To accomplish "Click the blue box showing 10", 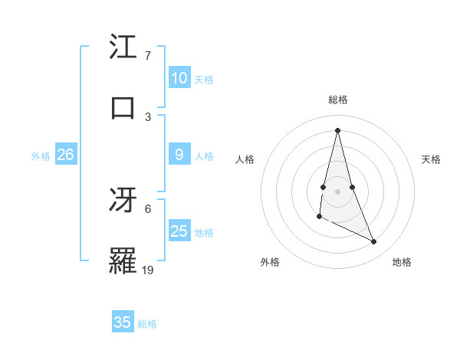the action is pos(179,78).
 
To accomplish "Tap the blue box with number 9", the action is pos(179,155).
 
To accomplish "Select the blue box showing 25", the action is pos(179,231).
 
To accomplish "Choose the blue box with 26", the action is pos(65,155).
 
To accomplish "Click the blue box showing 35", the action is pos(123,322).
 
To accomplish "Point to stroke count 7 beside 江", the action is pos(148,56).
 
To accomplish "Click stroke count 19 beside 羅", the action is pos(149,270).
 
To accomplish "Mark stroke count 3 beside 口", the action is pos(148,117).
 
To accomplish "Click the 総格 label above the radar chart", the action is pos(338,100).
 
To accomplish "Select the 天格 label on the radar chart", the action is pos(431,159).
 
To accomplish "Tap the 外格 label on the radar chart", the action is pos(270,262).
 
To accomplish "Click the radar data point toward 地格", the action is pos(374,241).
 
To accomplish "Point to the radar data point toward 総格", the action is pos(338,129).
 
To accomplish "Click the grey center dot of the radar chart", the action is pos(338,191).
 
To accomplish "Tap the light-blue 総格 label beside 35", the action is pos(148,324).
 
